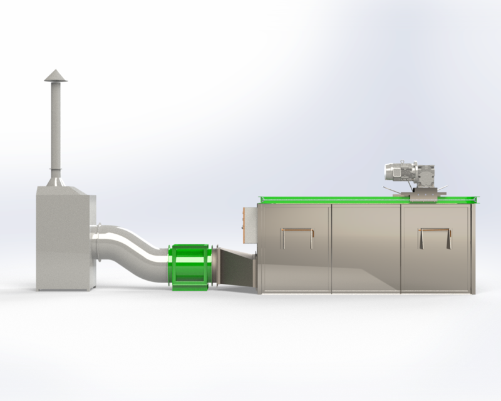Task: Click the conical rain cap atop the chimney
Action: click(55, 75)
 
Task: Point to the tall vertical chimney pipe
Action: click(55, 125)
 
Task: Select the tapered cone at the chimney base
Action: click(55, 181)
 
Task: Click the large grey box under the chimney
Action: click(65, 238)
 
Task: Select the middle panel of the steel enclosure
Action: click(365, 247)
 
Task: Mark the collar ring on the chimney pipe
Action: click(55, 169)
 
